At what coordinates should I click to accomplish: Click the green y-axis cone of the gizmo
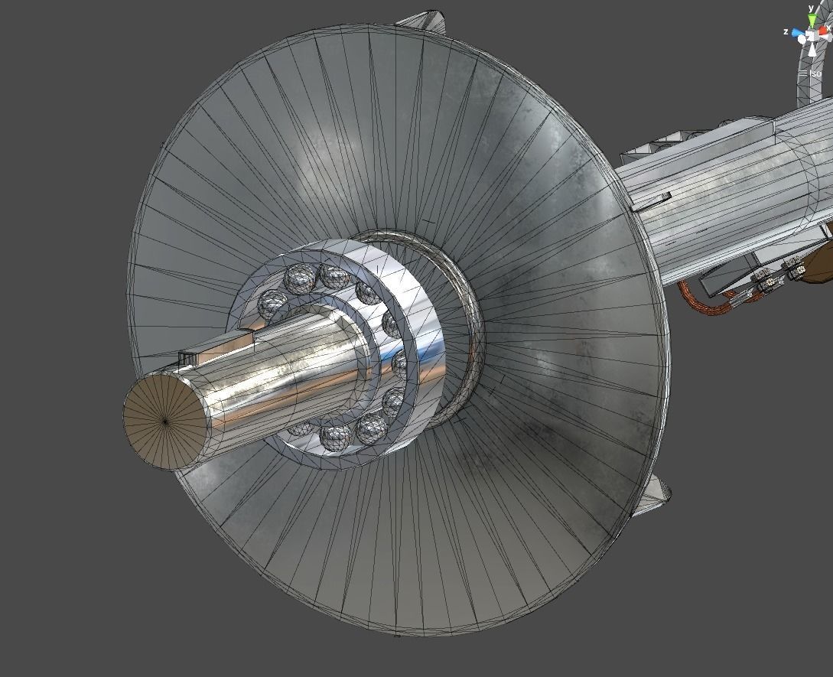click(812, 21)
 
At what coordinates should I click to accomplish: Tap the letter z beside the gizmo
click(786, 31)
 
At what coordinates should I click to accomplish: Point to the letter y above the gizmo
click(812, 8)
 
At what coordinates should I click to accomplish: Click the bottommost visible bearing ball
click(337, 436)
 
